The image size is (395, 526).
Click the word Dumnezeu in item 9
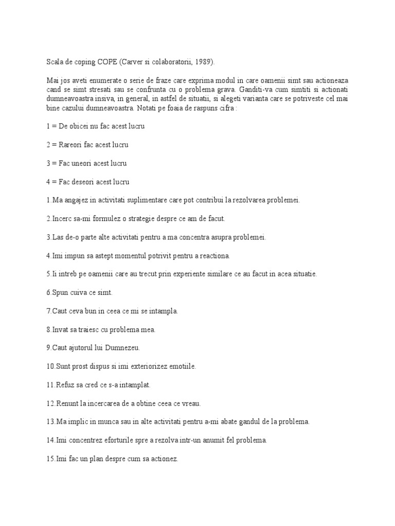point(120,348)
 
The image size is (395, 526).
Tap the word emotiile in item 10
point(181,366)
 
